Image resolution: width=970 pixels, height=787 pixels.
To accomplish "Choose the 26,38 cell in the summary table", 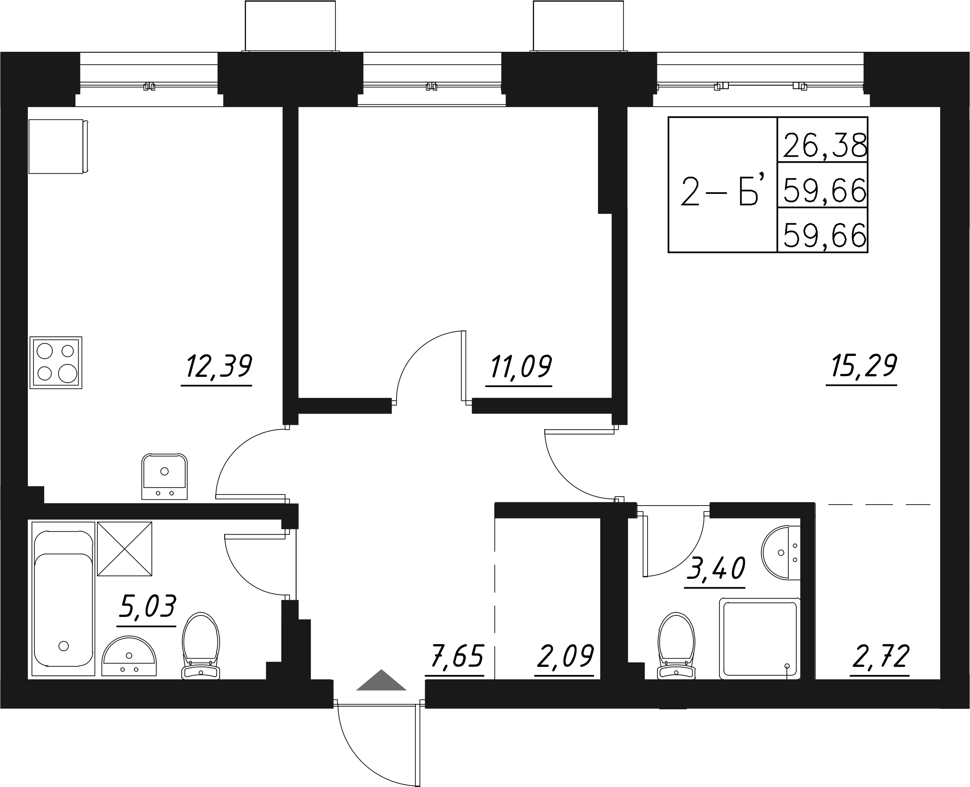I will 822,145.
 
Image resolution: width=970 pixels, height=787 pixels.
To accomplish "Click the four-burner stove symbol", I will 56,363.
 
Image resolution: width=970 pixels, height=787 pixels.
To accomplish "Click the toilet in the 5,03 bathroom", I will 201,645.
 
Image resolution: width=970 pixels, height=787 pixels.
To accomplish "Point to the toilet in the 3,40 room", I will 676,645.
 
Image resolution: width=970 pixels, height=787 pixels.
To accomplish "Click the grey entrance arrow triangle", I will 381,681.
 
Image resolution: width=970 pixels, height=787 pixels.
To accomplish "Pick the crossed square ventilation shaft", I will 125,548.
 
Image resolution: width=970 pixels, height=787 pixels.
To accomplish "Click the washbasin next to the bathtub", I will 129,656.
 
